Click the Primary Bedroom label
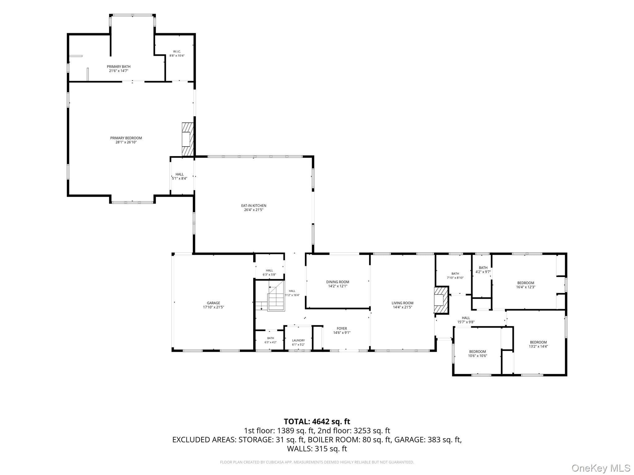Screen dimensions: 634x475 coord(126,138)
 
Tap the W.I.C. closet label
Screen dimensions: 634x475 coord(177,51)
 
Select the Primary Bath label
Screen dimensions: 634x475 coord(119,66)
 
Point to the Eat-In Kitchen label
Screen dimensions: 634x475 coord(254,206)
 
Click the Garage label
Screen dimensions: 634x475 coord(213,303)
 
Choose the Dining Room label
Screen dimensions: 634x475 coord(337,282)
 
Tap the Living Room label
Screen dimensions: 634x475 coord(402,303)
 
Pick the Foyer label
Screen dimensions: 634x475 coord(342,328)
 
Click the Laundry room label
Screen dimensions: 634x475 coord(298,340)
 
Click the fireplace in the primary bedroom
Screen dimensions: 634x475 coord(188,139)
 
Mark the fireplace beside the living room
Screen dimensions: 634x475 coord(441,300)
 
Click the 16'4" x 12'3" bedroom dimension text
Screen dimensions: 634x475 coord(526,287)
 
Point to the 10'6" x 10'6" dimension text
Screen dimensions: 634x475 coord(477,356)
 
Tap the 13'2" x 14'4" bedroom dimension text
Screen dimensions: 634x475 coord(538,346)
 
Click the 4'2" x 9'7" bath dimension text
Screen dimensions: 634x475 coord(483,272)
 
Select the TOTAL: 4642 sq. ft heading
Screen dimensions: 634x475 coord(317,422)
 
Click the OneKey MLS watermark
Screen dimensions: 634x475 coord(601,468)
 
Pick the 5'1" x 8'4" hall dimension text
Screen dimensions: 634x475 coord(180,178)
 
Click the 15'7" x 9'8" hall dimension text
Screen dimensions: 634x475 coord(466,322)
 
